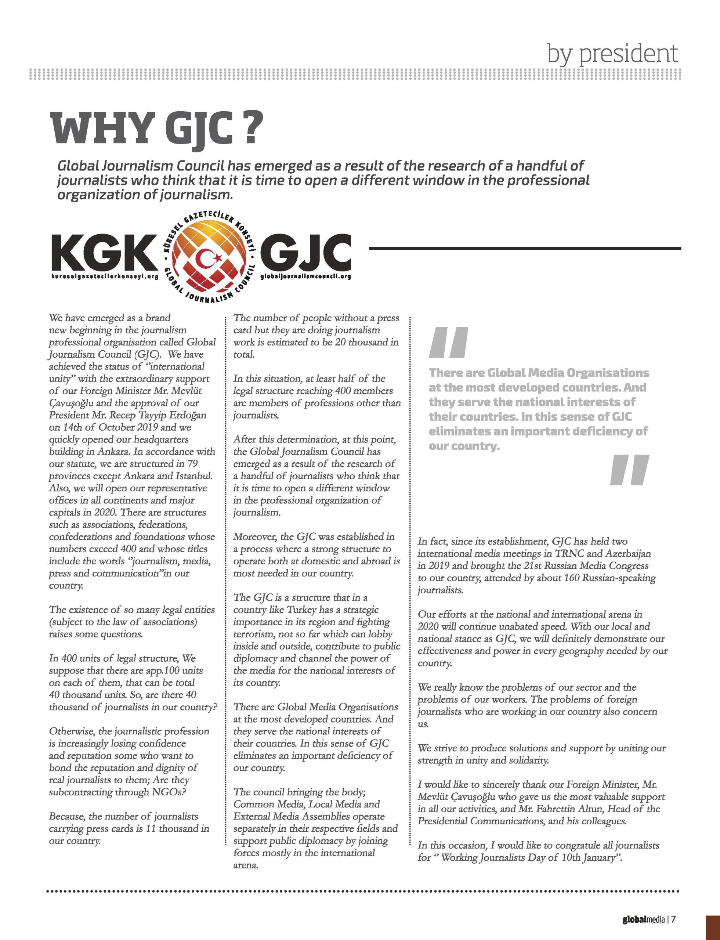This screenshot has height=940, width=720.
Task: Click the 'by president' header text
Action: (x=613, y=53)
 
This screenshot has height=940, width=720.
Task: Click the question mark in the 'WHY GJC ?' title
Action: (x=247, y=128)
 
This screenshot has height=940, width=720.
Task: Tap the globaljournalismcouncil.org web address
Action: (x=305, y=276)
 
